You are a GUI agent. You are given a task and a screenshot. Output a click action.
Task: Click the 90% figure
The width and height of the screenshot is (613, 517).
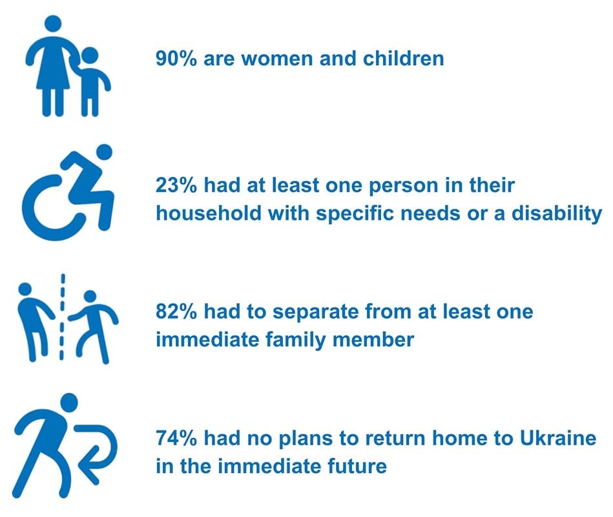176,59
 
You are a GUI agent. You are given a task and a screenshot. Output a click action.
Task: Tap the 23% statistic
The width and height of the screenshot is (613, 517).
176,185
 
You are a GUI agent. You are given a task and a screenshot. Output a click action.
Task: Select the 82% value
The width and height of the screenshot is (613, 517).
176,311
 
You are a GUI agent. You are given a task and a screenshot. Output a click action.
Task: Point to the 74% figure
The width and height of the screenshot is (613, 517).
176,438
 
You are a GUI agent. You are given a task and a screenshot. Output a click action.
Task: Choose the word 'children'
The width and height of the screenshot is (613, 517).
404,59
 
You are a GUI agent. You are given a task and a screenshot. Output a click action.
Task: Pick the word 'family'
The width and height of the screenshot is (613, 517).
296,340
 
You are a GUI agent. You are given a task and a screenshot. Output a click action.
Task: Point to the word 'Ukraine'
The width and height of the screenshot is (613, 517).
558,438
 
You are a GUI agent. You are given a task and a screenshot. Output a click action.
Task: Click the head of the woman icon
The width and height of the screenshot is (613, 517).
53,24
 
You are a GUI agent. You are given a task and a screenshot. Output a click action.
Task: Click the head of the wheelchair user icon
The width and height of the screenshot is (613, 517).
104,152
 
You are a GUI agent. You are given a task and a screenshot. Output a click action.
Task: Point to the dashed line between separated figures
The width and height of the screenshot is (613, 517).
62,317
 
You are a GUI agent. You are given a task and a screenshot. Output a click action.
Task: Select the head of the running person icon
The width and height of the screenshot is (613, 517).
69,402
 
